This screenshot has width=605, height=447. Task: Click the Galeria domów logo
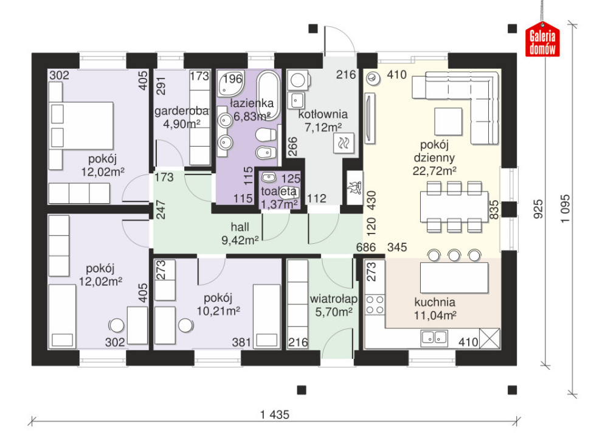[542, 40]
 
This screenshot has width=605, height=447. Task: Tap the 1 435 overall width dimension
[274, 415]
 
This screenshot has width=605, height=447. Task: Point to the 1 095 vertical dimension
[565, 209]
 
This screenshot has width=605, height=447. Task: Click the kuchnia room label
[435, 302]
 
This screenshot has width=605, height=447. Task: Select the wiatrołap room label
[334, 299]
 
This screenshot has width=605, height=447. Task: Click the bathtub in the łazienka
[269, 95]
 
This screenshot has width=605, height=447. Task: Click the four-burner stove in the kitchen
[375, 305]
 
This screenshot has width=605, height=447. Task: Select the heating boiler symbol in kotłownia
[344, 144]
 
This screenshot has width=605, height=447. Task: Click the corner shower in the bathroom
[230, 83]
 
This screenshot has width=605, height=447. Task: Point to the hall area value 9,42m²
[240, 240]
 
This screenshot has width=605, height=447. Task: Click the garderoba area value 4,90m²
[181, 124]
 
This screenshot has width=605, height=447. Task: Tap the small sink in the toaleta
[269, 178]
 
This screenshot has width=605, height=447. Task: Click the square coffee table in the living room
[448, 122]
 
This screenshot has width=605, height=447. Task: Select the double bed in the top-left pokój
[81, 125]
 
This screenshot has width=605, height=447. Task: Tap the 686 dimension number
[366, 247]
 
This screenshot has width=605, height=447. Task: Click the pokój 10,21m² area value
[218, 311]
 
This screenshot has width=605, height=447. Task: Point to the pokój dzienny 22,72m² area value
[435, 171]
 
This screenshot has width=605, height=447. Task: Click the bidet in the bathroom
[266, 153]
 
